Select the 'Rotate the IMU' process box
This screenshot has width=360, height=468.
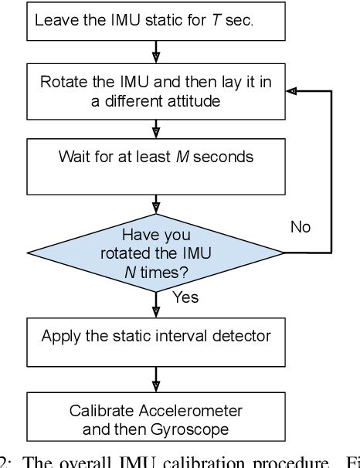[157, 90]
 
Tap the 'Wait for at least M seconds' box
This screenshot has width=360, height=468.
[157, 166]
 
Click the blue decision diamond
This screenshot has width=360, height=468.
[157, 251]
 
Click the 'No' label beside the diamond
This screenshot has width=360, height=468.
[301, 227]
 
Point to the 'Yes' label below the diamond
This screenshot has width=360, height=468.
[185, 297]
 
